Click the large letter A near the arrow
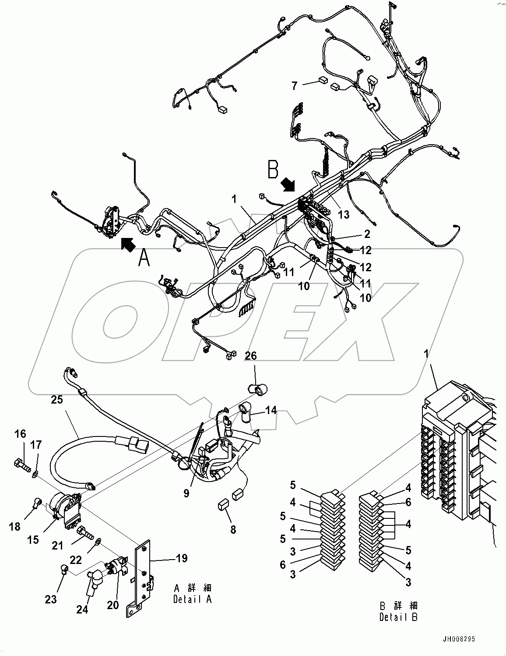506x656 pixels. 144,257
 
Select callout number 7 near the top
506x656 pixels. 295,85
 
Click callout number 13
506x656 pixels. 344,214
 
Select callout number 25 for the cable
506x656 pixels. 57,400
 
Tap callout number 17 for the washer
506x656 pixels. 36,445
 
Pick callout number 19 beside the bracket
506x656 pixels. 182,558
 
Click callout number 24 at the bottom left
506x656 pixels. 83,609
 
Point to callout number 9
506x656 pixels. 186,493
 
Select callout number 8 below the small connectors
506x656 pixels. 233,530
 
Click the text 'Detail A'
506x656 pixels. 193,599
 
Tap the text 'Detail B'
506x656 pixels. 398,617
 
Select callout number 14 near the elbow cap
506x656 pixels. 271,410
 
